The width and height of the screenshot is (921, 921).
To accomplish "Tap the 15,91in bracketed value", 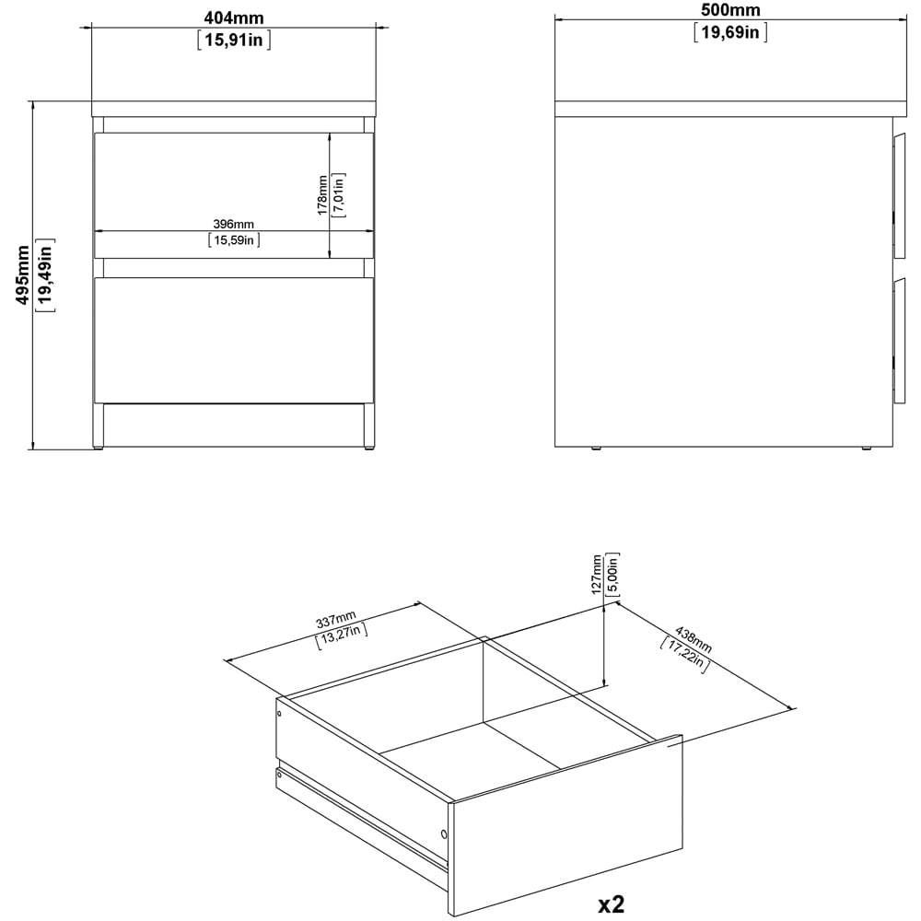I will [234, 40].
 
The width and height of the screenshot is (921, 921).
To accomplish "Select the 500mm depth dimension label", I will [730, 10].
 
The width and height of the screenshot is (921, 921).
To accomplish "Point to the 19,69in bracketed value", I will [730, 34].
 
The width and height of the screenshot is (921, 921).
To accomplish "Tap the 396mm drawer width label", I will [234, 224].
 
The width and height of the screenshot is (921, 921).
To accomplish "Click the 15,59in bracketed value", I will [234, 241].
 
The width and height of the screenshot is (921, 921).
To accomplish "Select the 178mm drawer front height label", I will [321, 195].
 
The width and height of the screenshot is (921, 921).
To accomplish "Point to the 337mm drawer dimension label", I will [335, 620].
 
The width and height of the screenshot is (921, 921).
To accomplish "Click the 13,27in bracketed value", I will [343, 635].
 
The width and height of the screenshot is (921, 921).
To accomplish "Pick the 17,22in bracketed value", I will [682, 654].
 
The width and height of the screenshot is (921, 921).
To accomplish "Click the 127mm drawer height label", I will [597, 573].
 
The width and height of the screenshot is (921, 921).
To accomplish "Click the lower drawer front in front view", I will [234, 339].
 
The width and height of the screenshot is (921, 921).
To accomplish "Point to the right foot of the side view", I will [866, 449].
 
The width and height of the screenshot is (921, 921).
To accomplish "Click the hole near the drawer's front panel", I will [444, 835].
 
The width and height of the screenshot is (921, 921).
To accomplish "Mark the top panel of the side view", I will [730, 109].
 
